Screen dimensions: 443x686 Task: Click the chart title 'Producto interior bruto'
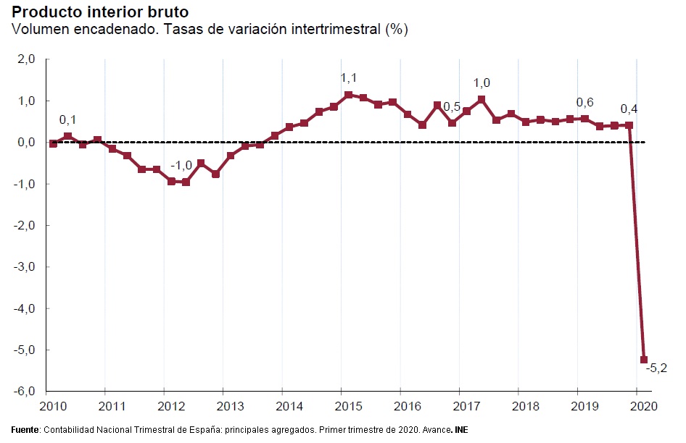tap(95, 12)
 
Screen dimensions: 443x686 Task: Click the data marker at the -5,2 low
tap(644, 360)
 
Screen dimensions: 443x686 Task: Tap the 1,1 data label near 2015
tap(349, 78)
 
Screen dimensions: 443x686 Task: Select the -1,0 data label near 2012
tap(181, 166)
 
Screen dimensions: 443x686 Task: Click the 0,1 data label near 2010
tap(67, 119)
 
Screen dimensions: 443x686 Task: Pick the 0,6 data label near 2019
tap(584, 103)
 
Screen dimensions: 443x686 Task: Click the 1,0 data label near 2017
tap(482, 83)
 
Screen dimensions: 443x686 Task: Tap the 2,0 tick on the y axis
tap(27, 59)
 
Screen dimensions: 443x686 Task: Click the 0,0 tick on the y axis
tap(27, 143)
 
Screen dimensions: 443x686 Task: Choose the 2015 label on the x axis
tap(349, 405)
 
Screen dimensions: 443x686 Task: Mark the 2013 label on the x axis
tap(230, 405)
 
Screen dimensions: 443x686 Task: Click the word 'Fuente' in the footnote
tap(25, 430)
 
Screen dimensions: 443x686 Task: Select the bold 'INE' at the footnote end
tap(461, 430)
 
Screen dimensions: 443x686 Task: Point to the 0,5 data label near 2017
tap(452, 107)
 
